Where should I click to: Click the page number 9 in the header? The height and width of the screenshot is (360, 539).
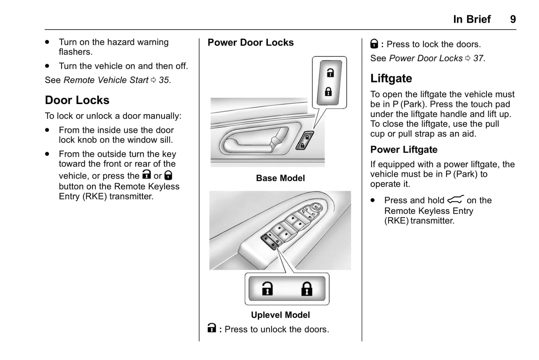coord(513,19)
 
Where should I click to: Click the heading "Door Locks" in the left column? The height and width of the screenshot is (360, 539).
coord(77,100)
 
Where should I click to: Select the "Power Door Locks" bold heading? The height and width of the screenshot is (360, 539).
coord(251,43)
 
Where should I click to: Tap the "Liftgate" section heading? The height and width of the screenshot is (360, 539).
coord(391,78)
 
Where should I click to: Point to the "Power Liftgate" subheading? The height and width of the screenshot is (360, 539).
coord(404,150)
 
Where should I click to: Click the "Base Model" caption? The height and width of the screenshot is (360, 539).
coord(280,178)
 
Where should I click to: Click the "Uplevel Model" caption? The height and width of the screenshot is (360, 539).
coord(280,315)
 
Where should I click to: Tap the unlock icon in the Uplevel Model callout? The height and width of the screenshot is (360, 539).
coord(267,289)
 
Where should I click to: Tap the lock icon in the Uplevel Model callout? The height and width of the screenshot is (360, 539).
coord(307,289)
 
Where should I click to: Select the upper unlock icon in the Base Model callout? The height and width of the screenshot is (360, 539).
coord(330,73)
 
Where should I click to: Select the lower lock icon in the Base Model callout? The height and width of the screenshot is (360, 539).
coord(328,91)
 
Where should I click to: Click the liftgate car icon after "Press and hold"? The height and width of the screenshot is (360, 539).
coord(455,200)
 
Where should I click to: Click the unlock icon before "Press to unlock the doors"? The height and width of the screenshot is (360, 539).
coord(211,328)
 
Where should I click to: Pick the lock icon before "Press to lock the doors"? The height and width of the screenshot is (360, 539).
coord(374,44)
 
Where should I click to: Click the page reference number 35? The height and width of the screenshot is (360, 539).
coord(164,80)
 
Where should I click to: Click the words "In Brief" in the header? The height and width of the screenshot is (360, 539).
coord(472,19)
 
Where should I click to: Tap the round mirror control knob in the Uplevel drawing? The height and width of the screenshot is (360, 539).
coord(316,207)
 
